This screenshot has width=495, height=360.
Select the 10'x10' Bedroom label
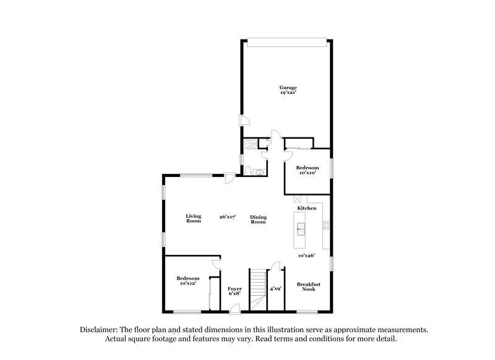pyautogui.click(x=307, y=168)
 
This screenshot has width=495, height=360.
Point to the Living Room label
pyautogui.click(x=194, y=218)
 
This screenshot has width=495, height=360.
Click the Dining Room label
pyautogui.click(x=258, y=219)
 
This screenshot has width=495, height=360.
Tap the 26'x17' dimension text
pyautogui.click(x=228, y=217)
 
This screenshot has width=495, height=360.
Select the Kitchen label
pyautogui.click(x=307, y=208)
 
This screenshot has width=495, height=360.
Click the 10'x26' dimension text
pyautogui.click(x=307, y=255)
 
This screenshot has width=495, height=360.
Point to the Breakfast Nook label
pyautogui.click(x=308, y=286)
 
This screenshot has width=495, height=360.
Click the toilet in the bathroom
pyautogui.click(x=247, y=170)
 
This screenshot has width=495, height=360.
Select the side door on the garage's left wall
pyautogui.click(x=245, y=122)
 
